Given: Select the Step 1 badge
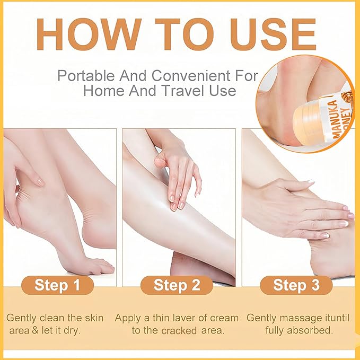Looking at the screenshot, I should (x=57, y=285).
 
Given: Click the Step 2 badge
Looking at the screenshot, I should (x=177, y=285).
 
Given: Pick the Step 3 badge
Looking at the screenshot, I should (x=296, y=285).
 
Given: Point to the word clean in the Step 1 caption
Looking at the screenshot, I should (x=54, y=318).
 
